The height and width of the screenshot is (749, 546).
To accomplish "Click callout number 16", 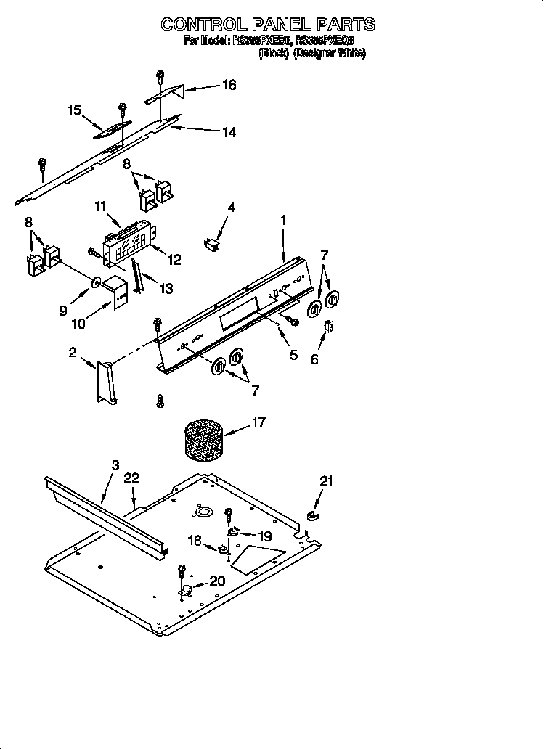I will click(229, 85).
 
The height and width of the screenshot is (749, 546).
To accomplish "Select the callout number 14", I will click(229, 132).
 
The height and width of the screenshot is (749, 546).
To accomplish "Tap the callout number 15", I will click(74, 110).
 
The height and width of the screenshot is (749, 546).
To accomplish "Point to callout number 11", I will click(100, 206).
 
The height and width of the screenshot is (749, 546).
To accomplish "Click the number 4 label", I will click(231, 208).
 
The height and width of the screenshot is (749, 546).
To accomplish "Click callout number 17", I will click(259, 422).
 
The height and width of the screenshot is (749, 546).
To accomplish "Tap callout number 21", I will click(326, 480).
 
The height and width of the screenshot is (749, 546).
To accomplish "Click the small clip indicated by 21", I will click(313, 516).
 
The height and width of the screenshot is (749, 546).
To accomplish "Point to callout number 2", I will click(73, 353).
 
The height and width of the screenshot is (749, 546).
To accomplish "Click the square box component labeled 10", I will click(116, 292).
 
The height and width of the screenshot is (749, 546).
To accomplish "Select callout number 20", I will click(217, 580).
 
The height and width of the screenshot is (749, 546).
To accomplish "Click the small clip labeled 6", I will click(328, 327).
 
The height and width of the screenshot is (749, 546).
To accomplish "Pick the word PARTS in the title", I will click(338, 24).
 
